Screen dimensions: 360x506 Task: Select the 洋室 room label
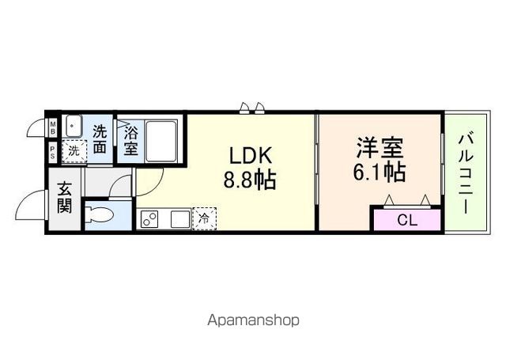click(x=379, y=147)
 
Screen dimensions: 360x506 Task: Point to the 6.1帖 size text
click(x=379, y=171)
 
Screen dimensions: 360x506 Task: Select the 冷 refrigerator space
click(x=204, y=218)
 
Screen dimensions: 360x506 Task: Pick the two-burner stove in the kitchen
click(x=149, y=219)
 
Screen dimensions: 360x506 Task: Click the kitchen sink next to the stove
click(x=176, y=219)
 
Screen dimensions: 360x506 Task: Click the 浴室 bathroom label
click(x=130, y=140)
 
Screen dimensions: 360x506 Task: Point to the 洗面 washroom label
click(x=100, y=138)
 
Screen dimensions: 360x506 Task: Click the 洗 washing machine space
click(x=73, y=150)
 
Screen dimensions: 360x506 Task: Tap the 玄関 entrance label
click(x=64, y=199)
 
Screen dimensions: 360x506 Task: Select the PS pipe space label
click(x=52, y=153)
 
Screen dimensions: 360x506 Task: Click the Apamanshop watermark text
click(x=254, y=320)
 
